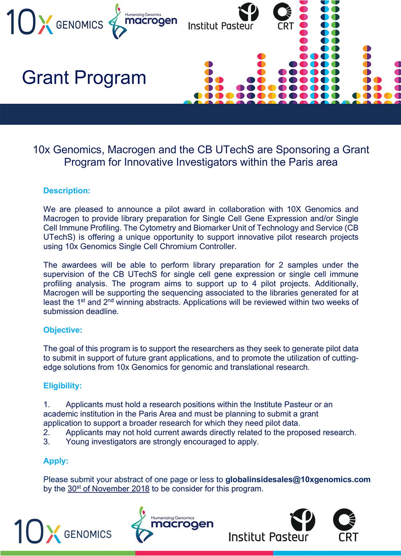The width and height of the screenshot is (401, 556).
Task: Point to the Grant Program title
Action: point(84,77)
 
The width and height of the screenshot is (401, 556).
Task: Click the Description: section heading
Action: point(67,191)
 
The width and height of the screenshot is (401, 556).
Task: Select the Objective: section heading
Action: point(63,330)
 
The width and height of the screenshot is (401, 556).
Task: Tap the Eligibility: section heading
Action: point(63,386)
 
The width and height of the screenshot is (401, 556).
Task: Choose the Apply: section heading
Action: point(56,461)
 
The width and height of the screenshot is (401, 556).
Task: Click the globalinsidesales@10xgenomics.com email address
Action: point(298,479)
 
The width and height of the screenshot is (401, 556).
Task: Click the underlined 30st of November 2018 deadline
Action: point(108,489)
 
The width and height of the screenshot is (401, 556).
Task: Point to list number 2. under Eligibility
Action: point(47,433)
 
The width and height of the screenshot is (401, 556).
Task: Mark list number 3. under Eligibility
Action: point(47,442)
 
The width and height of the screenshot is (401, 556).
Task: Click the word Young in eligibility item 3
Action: point(77,442)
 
